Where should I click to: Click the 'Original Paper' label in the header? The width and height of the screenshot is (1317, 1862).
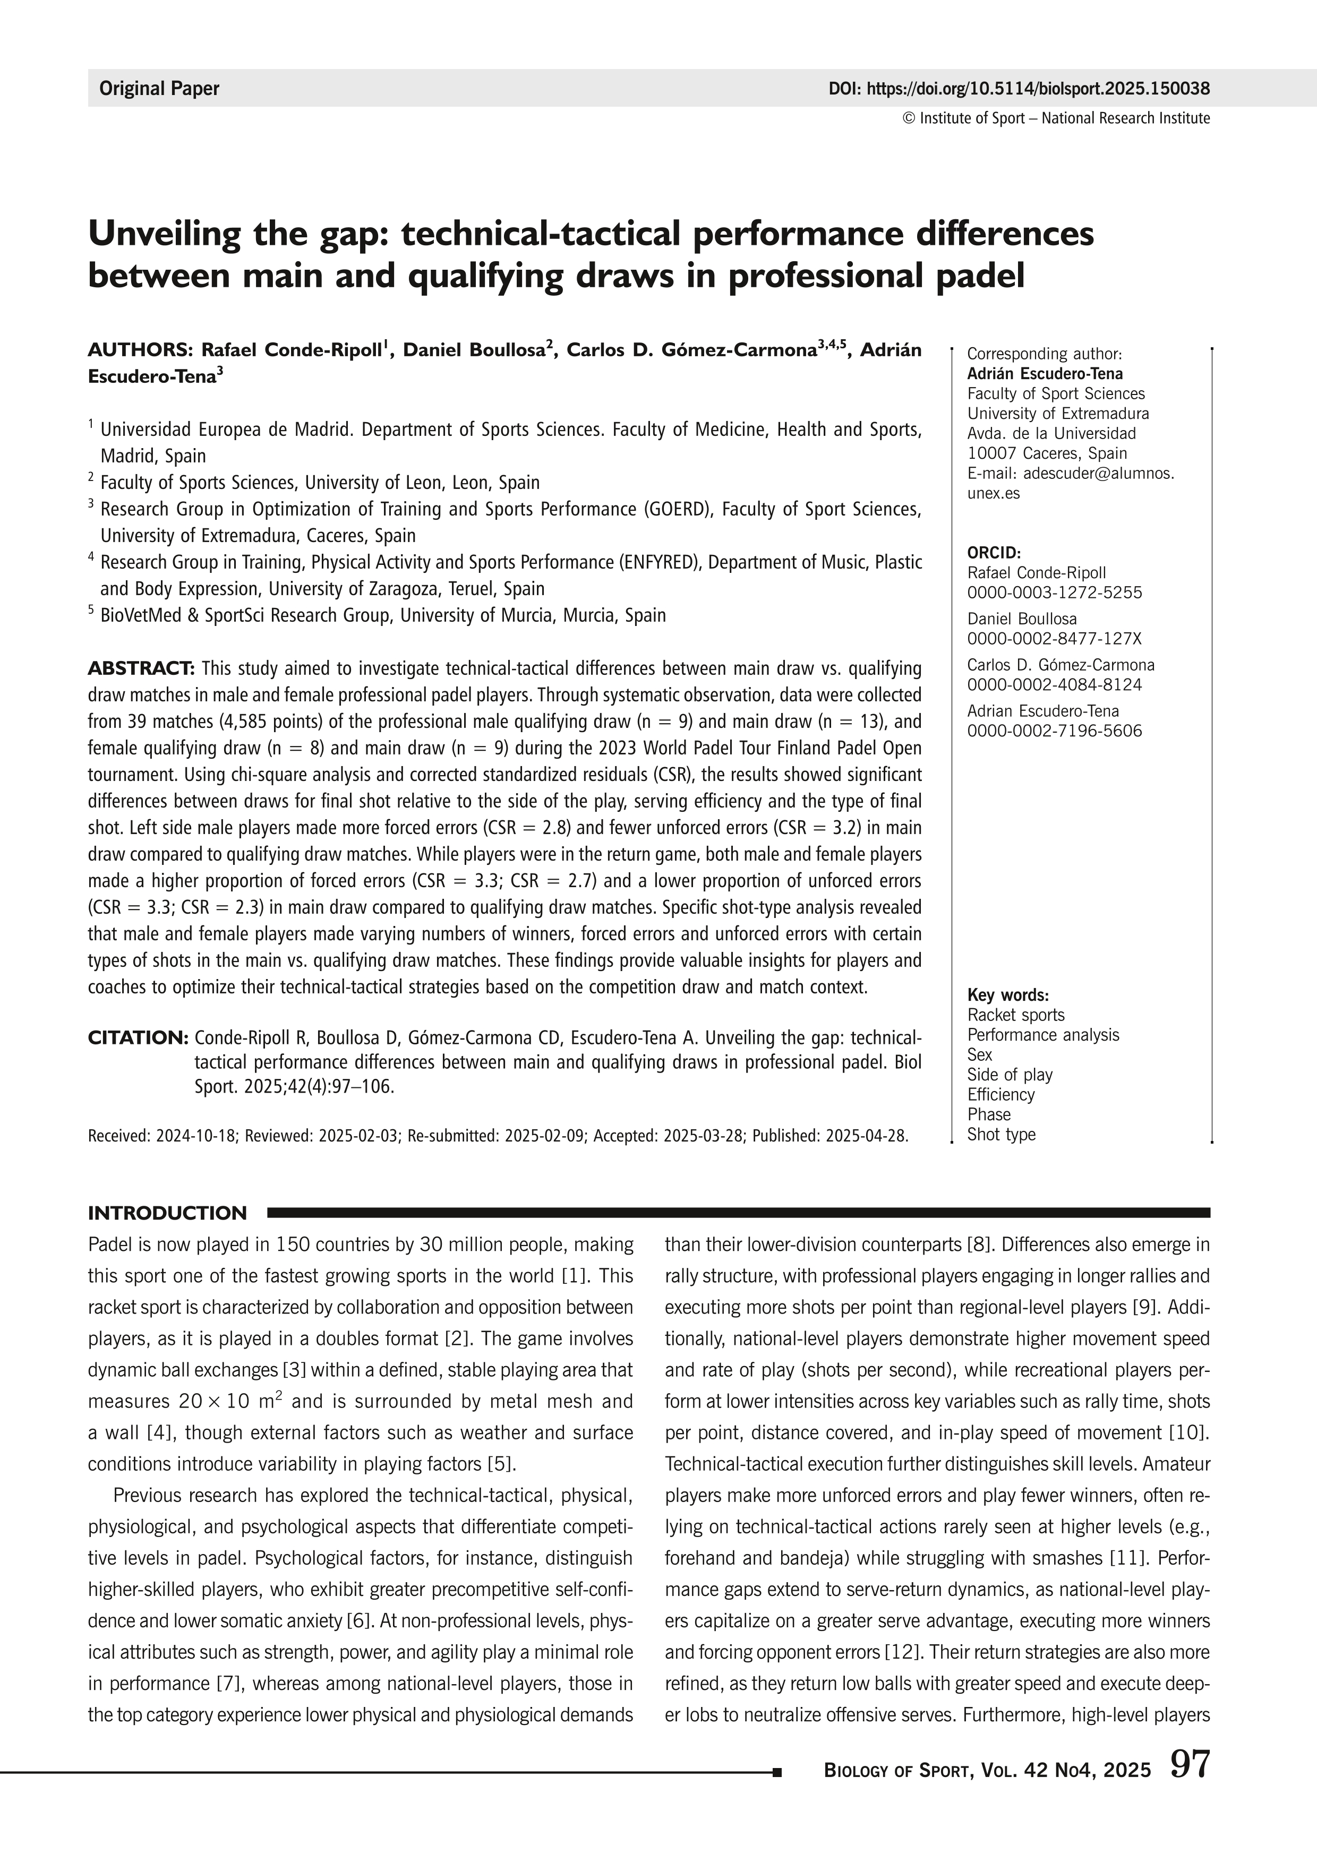[159, 88]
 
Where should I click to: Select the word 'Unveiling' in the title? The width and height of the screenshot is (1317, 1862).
[160, 234]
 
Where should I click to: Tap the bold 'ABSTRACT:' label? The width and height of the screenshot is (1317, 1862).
[141, 668]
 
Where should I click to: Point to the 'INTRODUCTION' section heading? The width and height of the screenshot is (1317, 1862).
[167, 1213]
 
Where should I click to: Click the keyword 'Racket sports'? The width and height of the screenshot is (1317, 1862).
[1015, 1015]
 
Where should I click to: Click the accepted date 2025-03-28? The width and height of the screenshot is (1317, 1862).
[704, 1136]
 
